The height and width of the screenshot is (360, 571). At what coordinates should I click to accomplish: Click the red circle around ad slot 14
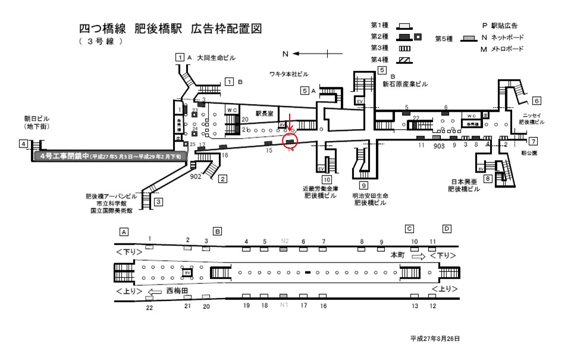click(290, 141)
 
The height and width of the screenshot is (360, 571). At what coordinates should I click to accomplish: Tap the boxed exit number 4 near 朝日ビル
click(23, 143)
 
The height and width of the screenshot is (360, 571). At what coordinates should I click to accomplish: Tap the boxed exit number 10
click(327, 179)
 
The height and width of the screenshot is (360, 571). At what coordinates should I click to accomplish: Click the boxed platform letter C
click(409, 229)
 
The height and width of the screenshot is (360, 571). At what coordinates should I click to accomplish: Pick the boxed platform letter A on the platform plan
click(124, 231)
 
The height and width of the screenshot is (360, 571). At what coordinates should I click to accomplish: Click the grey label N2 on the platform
click(284, 241)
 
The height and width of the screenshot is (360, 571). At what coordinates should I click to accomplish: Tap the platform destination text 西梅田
click(177, 292)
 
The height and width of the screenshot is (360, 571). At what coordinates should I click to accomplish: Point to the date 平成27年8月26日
click(435, 338)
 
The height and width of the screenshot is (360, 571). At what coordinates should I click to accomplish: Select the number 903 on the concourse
click(440, 145)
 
